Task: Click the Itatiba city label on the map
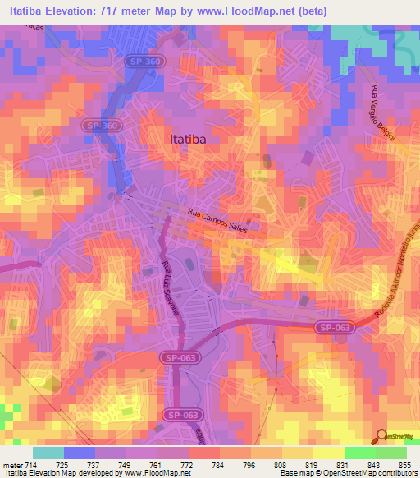coord(187,140)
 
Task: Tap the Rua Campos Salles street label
coord(223,218)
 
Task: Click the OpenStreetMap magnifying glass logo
coord(381,435)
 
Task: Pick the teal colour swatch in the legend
coord(48,453)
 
